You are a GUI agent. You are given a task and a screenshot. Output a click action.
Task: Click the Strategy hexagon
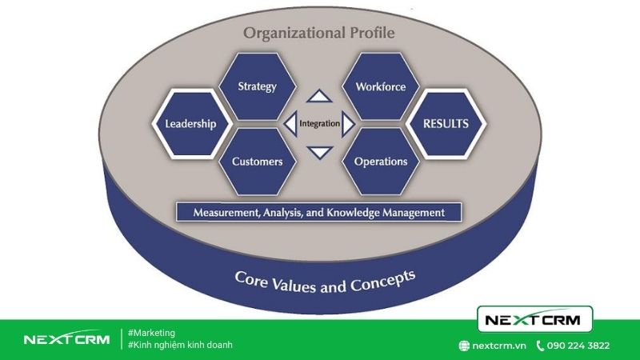[x=257, y=86]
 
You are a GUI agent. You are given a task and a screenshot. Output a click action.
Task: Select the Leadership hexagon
[x=191, y=124]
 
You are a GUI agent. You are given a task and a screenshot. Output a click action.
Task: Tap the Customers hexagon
[x=257, y=162]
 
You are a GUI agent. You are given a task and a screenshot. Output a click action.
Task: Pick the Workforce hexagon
[x=381, y=86]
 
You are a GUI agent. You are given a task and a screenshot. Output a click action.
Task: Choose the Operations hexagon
[x=381, y=162]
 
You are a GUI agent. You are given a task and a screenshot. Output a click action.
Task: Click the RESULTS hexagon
[x=446, y=124]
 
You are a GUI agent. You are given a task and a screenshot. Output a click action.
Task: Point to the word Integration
[x=319, y=123]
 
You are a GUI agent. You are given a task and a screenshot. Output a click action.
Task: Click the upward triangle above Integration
[x=319, y=96]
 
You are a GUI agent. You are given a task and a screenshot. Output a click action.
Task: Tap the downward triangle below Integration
[x=320, y=152]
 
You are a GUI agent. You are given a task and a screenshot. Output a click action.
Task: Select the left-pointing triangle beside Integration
[x=290, y=124]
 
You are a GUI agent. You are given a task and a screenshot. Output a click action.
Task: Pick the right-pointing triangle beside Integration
[x=348, y=124]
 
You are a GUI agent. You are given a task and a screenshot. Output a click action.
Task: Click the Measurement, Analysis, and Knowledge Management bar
[x=318, y=212]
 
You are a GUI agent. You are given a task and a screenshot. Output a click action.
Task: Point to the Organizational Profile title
[x=318, y=33]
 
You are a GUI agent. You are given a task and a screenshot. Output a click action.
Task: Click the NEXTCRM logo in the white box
[x=534, y=319]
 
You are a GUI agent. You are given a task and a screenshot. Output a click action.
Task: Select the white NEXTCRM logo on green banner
[x=67, y=338]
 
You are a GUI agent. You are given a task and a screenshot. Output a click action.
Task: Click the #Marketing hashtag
[x=151, y=333]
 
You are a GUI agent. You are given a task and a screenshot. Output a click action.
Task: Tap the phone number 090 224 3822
[x=578, y=346]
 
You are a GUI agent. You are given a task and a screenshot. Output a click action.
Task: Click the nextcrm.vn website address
[x=499, y=346]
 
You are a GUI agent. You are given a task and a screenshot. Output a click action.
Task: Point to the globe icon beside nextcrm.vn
[x=464, y=346]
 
